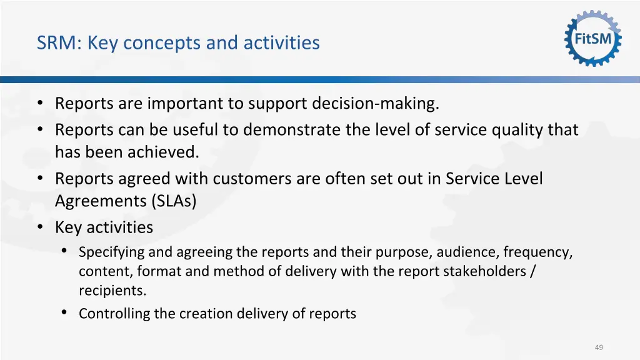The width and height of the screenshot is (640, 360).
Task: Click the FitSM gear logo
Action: (592, 39)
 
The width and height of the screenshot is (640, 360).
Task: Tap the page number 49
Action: (599, 347)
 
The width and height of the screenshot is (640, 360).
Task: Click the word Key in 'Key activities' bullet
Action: (69, 227)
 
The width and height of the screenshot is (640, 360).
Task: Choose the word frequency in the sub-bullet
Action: (537, 252)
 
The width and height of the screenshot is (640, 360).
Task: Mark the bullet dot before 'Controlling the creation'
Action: (64, 312)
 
